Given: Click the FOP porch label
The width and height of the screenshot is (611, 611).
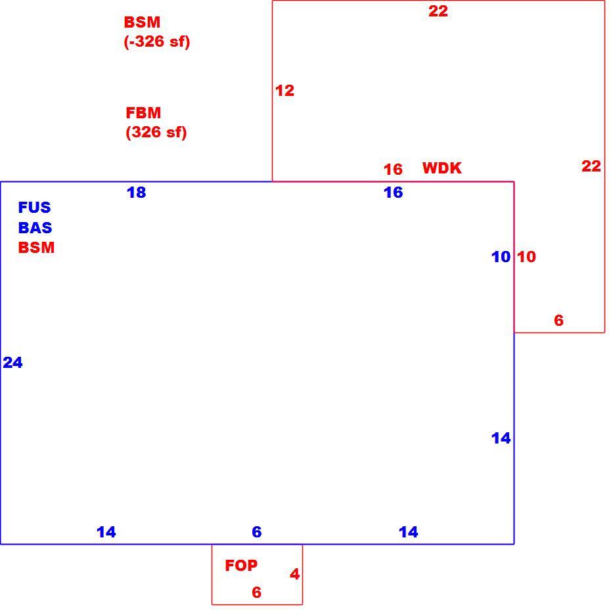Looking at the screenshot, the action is coord(241,566).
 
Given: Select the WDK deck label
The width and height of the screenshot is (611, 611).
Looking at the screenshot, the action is coord(442,168).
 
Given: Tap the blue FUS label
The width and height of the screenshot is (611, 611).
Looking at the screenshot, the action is coord(34,208).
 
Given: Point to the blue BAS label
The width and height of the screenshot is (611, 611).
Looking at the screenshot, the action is coord(35,227).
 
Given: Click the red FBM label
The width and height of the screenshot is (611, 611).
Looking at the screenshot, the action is coord(143,113).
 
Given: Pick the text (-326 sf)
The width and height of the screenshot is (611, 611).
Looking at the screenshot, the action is coord(157,41).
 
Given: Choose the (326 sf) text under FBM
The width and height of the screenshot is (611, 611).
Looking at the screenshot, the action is coord(156,132).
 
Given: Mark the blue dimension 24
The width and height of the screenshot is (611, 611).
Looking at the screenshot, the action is coord(13,363).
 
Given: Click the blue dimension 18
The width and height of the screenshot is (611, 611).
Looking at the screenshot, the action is coord(137,192).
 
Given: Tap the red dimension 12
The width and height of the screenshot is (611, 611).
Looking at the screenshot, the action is coord(285,91).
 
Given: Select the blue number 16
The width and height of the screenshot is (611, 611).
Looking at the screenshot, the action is coord(393,192).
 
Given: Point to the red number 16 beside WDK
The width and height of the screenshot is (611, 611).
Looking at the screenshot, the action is coord(393,170).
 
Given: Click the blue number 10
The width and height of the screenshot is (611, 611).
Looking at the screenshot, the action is coord(501,257).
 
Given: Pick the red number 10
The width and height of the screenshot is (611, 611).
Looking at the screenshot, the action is coord(526,257).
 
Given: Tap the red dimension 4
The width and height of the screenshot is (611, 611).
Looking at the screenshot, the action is coord(294,574).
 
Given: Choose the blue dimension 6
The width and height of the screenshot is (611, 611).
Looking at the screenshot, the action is coord(257,532).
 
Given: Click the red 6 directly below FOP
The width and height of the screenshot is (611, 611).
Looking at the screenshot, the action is coord(256,593).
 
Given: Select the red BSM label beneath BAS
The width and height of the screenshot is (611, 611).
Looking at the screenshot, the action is coord(36,248).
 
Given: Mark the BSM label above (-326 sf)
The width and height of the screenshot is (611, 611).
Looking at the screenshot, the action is coord(142,22).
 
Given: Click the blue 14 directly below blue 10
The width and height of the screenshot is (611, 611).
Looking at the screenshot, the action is coord(501,438).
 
